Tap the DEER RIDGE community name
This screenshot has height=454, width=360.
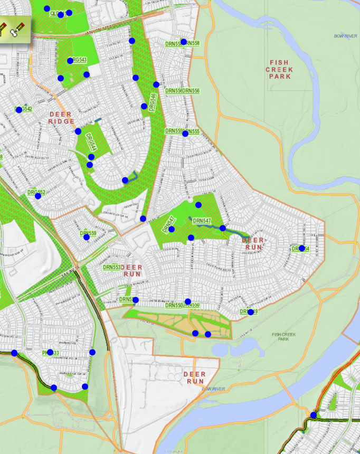[x=61, y=118]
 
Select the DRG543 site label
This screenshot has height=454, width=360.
[x=78, y=60]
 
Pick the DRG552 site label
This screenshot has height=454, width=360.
[x=36, y=193]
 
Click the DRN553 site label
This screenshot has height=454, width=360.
[x=111, y=268]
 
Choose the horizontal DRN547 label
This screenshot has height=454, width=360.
[x=202, y=221]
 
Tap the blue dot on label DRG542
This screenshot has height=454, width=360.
[x=19, y=109]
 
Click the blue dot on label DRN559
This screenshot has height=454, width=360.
[x=87, y=237]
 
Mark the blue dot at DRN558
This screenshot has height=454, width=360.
[x=184, y=42]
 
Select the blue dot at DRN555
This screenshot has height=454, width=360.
[x=185, y=134]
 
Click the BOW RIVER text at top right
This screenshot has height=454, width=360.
[x=346, y=36]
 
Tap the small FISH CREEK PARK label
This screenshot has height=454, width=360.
[x=284, y=336]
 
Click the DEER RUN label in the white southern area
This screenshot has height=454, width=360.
[x=194, y=377]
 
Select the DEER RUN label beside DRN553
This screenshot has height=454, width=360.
[x=132, y=271]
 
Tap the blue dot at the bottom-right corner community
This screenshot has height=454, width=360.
[x=314, y=415]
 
